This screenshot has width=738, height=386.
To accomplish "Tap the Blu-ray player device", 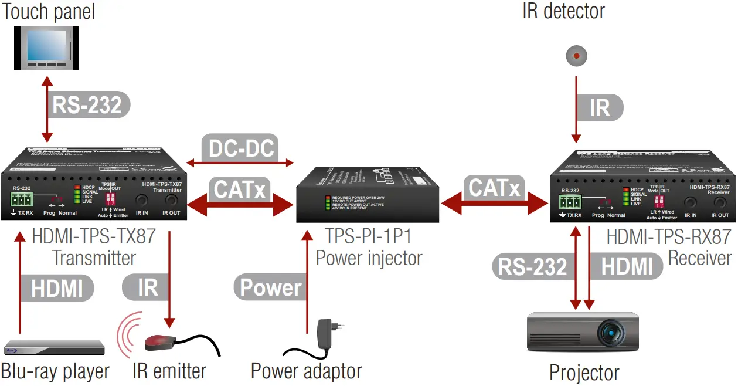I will (54, 347).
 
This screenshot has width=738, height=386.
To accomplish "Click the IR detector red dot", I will (577, 56).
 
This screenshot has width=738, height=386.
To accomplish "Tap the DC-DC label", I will (240, 148).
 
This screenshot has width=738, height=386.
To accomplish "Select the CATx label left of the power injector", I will (240, 190).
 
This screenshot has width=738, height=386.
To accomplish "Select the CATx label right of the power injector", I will (494, 188).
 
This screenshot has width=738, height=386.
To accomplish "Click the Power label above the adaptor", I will (271, 287).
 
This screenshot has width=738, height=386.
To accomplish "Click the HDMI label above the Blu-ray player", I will (57, 288).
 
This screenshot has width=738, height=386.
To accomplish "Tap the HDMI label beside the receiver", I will (627, 266).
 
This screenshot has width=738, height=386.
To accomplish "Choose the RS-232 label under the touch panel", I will (87, 105).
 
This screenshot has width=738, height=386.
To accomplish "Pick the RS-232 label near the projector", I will (532, 267).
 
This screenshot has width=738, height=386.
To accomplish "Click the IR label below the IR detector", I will (600, 108).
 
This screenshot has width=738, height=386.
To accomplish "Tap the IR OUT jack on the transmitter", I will (171, 201).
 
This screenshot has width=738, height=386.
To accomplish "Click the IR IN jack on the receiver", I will (690, 203).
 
